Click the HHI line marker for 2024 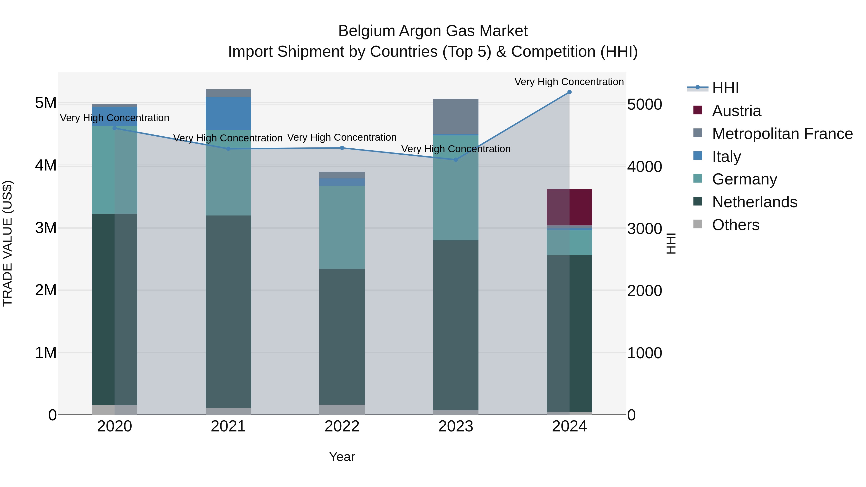pyautogui.click(x=569, y=92)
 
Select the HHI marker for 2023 pyautogui.click(x=456, y=160)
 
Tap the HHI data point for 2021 pyautogui.click(x=228, y=149)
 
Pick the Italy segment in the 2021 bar pyautogui.click(x=228, y=113)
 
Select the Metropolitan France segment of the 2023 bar pyautogui.click(x=456, y=116)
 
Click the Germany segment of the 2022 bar pyautogui.click(x=342, y=227)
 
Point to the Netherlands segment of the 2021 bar pyautogui.click(x=228, y=311)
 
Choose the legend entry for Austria pyautogui.click(x=736, y=111)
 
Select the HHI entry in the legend pyautogui.click(x=725, y=88)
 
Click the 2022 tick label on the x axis pyautogui.click(x=342, y=426)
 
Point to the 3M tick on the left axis pyautogui.click(x=46, y=228)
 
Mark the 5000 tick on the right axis pyautogui.click(x=644, y=105)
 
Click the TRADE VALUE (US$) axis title pyautogui.click(x=8, y=243)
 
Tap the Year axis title pyautogui.click(x=342, y=457)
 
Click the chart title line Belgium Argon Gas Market pyautogui.click(x=433, y=31)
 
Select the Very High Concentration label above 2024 pyautogui.click(x=569, y=82)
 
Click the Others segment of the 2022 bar pyautogui.click(x=342, y=410)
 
